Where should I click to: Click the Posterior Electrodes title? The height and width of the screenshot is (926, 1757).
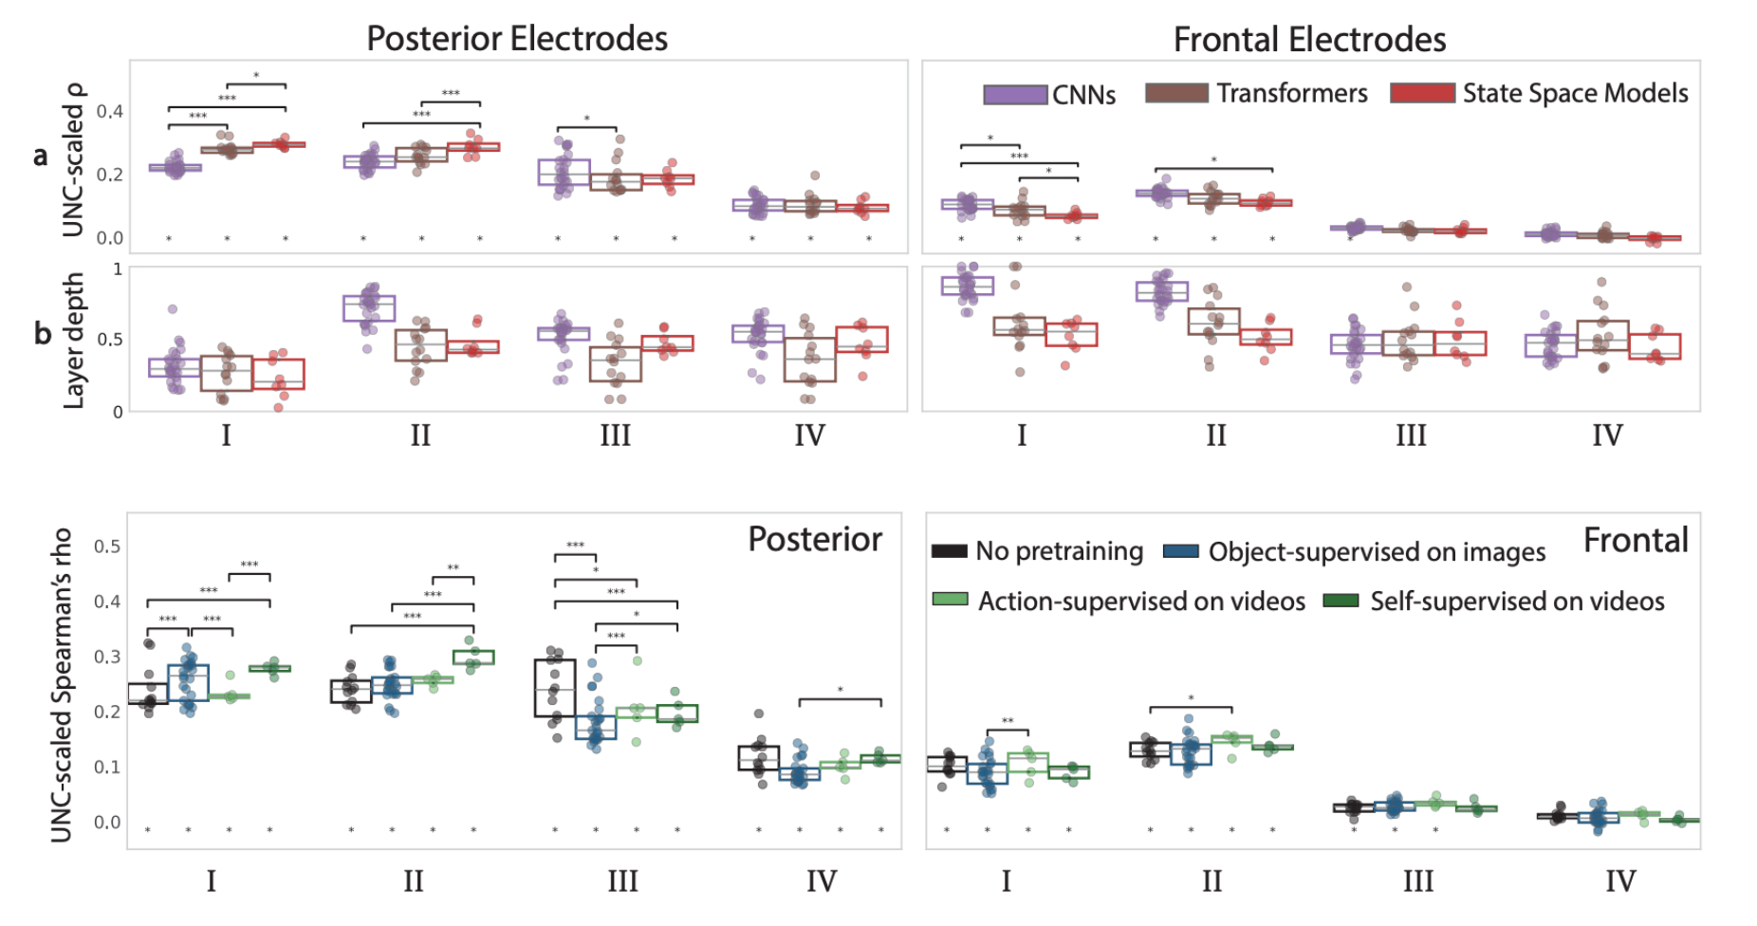[x=517, y=39]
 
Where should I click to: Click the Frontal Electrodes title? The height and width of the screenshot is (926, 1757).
[x=1309, y=40]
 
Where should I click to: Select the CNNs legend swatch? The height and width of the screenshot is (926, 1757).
[x=1015, y=94]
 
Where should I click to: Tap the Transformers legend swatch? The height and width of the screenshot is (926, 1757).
[x=1176, y=93]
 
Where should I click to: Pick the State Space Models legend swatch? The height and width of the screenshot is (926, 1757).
[x=1422, y=93]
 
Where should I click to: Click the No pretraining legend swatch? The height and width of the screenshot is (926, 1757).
[x=949, y=551]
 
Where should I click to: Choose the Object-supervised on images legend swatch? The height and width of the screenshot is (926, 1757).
[x=1181, y=551]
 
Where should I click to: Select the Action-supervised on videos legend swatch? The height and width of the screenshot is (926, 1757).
[x=950, y=600]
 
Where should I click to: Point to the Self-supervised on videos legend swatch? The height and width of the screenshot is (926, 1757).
[x=1341, y=601]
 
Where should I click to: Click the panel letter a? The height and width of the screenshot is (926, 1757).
[x=40, y=156]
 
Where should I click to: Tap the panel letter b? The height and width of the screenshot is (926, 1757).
[x=42, y=334]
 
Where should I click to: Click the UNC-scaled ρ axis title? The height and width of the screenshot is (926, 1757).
[x=73, y=159]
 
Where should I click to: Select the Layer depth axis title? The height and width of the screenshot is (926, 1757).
[x=73, y=341]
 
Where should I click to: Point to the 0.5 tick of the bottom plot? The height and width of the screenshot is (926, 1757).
[x=107, y=546]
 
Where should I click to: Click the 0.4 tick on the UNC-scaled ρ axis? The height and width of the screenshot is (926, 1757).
[x=110, y=111]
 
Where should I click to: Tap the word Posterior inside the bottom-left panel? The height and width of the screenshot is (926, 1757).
[x=815, y=539]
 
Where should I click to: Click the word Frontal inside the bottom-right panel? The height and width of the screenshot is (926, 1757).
[x=1636, y=540]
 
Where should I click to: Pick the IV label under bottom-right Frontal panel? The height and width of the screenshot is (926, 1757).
[x=1620, y=881]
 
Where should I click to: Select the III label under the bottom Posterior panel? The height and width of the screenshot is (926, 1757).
[x=622, y=881]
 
